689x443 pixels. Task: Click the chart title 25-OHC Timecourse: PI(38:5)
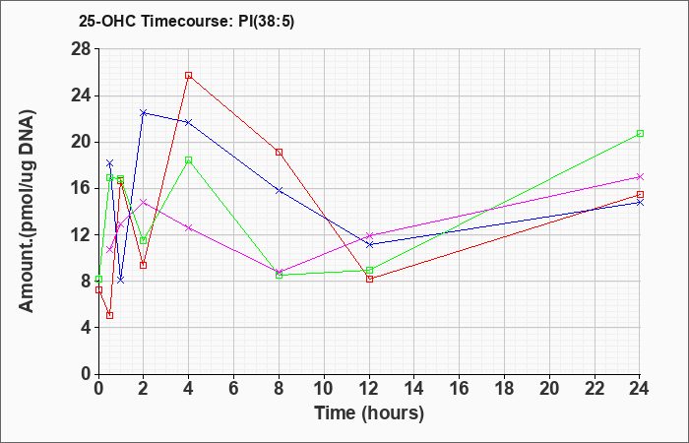186,21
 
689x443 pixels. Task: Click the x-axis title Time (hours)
369,413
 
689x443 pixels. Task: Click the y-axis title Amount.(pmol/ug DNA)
28,211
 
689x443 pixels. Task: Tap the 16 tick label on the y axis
82,189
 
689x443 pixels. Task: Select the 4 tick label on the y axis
87,328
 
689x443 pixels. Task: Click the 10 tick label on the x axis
324,389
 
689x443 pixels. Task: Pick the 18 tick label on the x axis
504,389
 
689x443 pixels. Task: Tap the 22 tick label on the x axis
595,389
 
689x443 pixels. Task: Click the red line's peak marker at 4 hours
189,75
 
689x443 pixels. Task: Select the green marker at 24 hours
640,133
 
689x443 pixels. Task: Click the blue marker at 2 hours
144,113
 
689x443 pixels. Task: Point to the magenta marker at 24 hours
640,176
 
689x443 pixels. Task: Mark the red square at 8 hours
279,152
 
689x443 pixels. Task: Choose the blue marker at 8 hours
279,190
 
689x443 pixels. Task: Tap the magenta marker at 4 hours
189,227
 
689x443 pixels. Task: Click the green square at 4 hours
189,159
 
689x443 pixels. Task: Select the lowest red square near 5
110,315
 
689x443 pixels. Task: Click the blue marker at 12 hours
369,244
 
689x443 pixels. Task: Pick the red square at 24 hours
640,194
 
